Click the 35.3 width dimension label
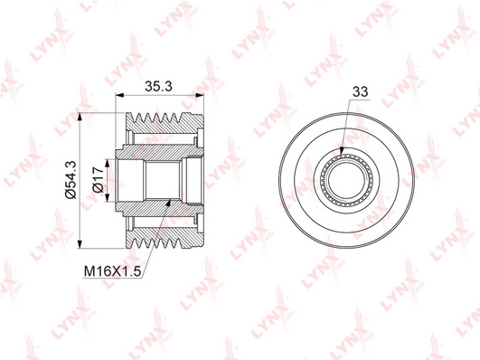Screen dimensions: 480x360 pos(158,87)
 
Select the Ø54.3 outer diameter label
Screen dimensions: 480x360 pos(71,180)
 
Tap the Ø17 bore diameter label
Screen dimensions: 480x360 pos(99,180)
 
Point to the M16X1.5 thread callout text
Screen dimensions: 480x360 pos(112,271)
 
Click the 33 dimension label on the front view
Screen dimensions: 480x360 pos(360,91)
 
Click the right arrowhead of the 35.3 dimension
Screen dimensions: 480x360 pos(200,95)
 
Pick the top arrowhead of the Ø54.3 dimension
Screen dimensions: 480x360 pos(80,117)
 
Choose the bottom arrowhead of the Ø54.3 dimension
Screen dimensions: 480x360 pos(80,244)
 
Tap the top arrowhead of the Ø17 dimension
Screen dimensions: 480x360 pos(107,163)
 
